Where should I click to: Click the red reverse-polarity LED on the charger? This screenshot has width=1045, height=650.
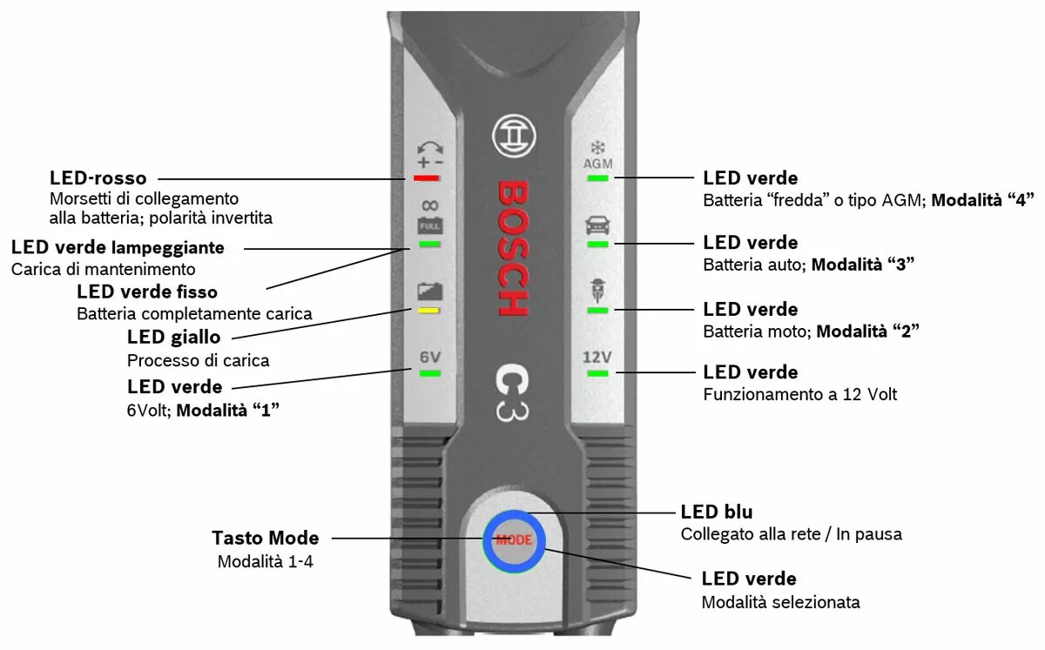[x=428, y=178]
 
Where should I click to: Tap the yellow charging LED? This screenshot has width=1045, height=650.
[x=428, y=310]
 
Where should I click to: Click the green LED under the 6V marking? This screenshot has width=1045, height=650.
[x=429, y=373]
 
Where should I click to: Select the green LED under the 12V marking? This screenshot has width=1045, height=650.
[x=597, y=373]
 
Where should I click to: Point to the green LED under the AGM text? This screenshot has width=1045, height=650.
[x=597, y=178]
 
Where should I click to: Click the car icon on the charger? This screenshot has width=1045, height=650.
[x=597, y=226]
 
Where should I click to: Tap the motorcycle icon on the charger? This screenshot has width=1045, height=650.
[x=597, y=290]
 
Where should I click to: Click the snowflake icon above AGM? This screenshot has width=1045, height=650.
[x=597, y=147]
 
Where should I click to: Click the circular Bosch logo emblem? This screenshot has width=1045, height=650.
[x=514, y=137]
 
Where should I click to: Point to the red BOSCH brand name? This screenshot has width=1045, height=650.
[x=512, y=248]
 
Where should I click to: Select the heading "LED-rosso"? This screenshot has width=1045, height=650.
[x=98, y=178]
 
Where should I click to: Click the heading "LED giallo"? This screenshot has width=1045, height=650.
[x=174, y=337]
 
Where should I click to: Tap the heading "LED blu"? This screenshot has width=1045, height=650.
[x=717, y=512]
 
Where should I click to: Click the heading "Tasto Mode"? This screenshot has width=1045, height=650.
[x=266, y=538]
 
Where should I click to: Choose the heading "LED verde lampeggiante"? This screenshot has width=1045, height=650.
[x=118, y=247]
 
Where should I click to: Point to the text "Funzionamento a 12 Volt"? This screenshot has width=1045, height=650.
[x=799, y=394]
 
